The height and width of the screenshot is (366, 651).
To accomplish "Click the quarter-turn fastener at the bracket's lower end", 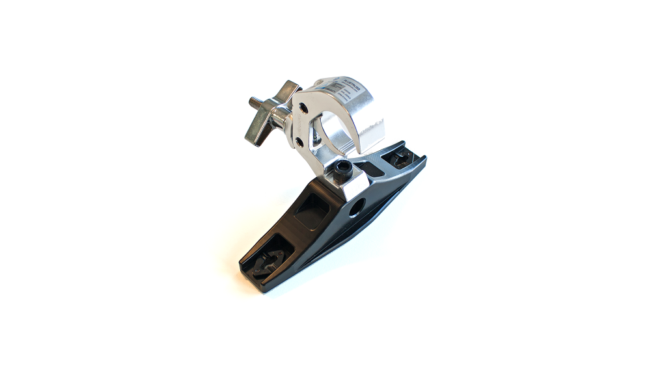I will (x=267, y=259).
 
